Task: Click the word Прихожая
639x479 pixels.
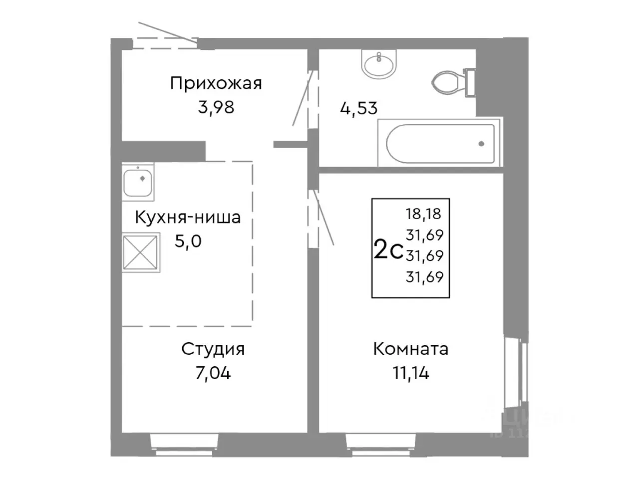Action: click(x=216, y=83)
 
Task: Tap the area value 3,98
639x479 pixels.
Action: click(x=216, y=107)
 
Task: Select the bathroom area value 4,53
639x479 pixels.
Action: click(x=358, y=108)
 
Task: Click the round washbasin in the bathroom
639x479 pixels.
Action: click(x=379, y=64)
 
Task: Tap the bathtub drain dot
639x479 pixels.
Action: click(x=481, y=144)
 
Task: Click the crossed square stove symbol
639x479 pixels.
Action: click(x=141, y=253)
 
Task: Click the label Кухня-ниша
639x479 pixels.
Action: click(x=188, y=218)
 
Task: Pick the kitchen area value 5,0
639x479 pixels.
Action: click(x=188, y=241)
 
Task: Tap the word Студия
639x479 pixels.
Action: click(x=213, y=349)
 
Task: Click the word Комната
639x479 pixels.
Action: click(x=410, y=349)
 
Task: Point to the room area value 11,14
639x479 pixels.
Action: click(x=410, y=373)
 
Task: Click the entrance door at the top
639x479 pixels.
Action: click(x=166, y=43)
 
